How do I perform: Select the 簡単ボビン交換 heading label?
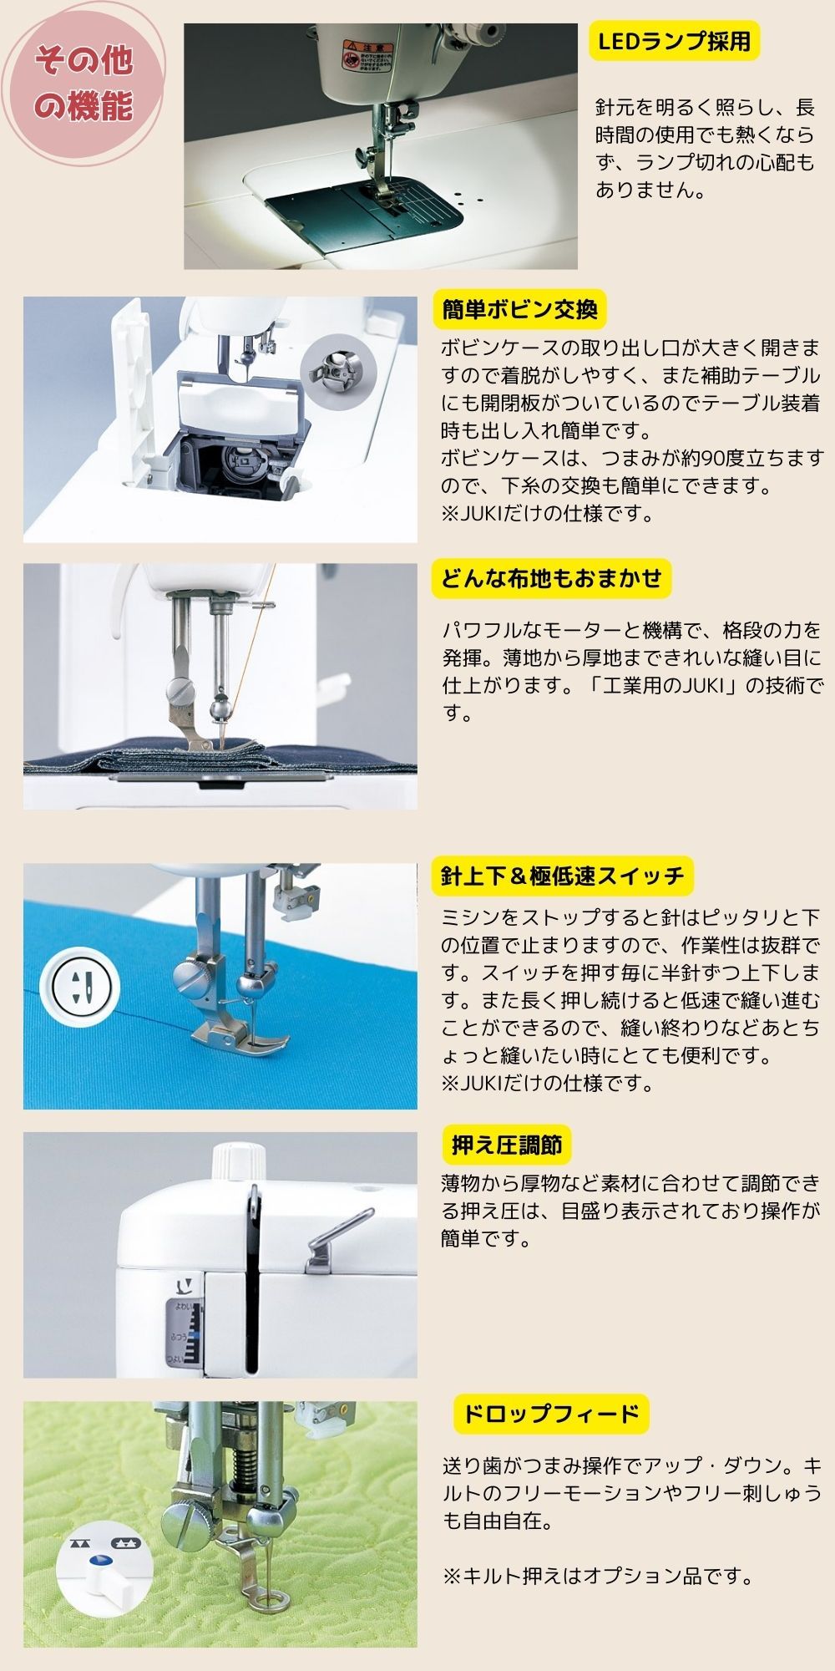pyautogui.click(x=519, y=309)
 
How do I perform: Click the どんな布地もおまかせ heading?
pyautogui.click(x=551, y=578)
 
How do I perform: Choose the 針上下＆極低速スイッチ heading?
pyautogui.click(x=562, y=876)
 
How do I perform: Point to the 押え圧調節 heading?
pyautogui.click(x=507, y=1145)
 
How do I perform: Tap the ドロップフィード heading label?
pyautogui.click(x=551, y=1414)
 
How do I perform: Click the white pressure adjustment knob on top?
pyautogui.click(x=238, y=1161)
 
